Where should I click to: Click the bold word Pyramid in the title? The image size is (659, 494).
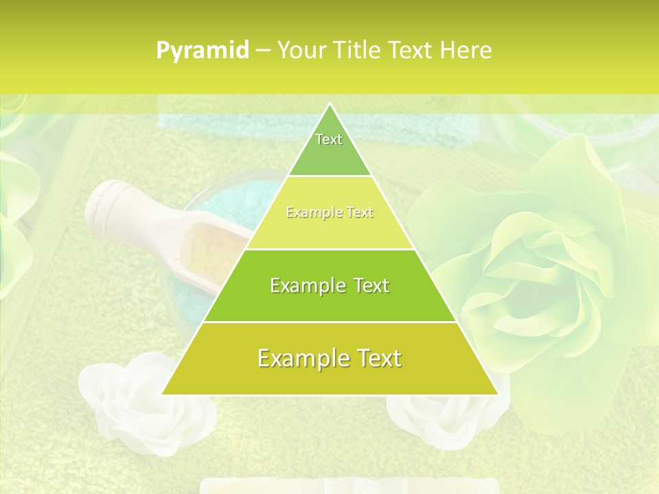[x=203, y=51]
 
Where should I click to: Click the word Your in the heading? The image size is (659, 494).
[x=301, y=50]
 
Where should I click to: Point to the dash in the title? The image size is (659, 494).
[x=262, y=51]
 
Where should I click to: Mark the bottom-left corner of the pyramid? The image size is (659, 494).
[x=163, y=394]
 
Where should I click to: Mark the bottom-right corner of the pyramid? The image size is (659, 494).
[x=497, y=394]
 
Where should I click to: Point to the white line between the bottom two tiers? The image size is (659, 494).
[x=329, y=322]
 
